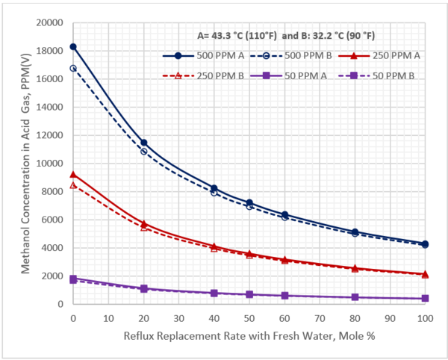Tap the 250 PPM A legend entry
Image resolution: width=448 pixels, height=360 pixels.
click(395, 55)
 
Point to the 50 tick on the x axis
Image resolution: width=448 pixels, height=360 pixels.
click(249, 318)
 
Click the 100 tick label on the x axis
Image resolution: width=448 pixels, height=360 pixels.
click(426, 318)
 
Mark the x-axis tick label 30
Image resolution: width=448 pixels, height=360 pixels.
click(179, 318)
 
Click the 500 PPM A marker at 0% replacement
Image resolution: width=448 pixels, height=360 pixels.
click(73, 46)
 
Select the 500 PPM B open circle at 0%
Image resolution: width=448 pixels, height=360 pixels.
click(73, 68)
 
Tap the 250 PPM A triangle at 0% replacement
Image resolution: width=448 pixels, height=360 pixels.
click(73, 174)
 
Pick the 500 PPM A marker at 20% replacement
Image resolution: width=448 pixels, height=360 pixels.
click(143, 142)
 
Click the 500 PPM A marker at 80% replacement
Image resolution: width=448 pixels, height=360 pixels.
click(355, 232)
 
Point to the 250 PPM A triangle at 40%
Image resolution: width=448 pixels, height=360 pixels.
click(214, 246)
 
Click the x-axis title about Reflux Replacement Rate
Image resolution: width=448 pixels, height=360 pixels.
click(249, 336)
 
